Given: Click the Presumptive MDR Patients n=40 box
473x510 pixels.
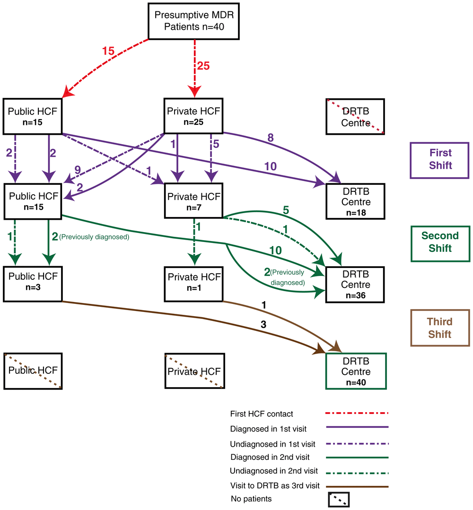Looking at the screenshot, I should [x=194, y=21].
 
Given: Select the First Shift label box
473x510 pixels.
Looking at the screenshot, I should [x=440, y=159].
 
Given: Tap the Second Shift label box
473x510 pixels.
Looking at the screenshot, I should [x=440, y=242].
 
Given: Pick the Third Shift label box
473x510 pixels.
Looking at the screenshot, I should [x=440, y=328].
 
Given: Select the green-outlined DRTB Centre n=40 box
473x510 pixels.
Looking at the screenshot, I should [x=356, y=371].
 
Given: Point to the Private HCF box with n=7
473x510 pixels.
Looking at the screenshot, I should [x=194, y=201].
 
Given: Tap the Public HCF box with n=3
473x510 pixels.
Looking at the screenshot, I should [x=33, y=284].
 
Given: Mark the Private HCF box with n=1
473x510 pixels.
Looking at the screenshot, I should [x=194, y=284].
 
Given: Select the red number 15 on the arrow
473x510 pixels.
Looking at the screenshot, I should [x=108, y=51].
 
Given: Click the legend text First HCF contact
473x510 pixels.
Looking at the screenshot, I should [x=262, y=414].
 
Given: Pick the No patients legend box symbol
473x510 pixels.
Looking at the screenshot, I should [x=338, y=499].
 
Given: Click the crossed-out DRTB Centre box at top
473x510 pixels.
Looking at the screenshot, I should [x=355, y=116].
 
